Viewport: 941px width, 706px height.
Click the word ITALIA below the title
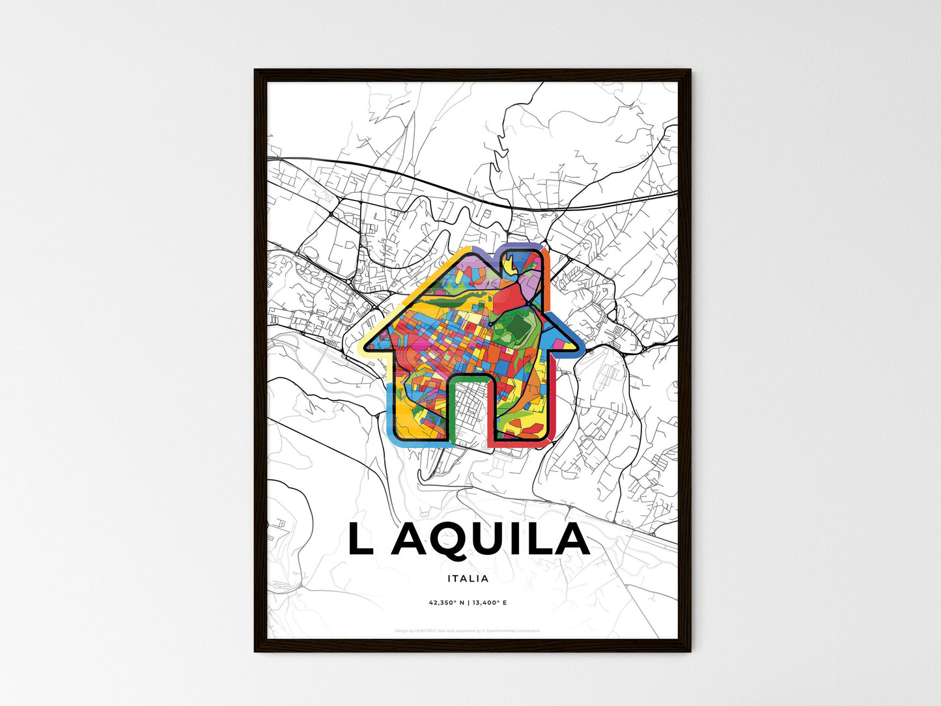pos(468,578)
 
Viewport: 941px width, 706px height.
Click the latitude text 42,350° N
pos(445,602)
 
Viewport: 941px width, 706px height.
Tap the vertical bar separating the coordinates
pos(468,602)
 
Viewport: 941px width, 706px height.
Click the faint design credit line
pos(468,630)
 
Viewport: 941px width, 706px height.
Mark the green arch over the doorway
pos(470,378)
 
